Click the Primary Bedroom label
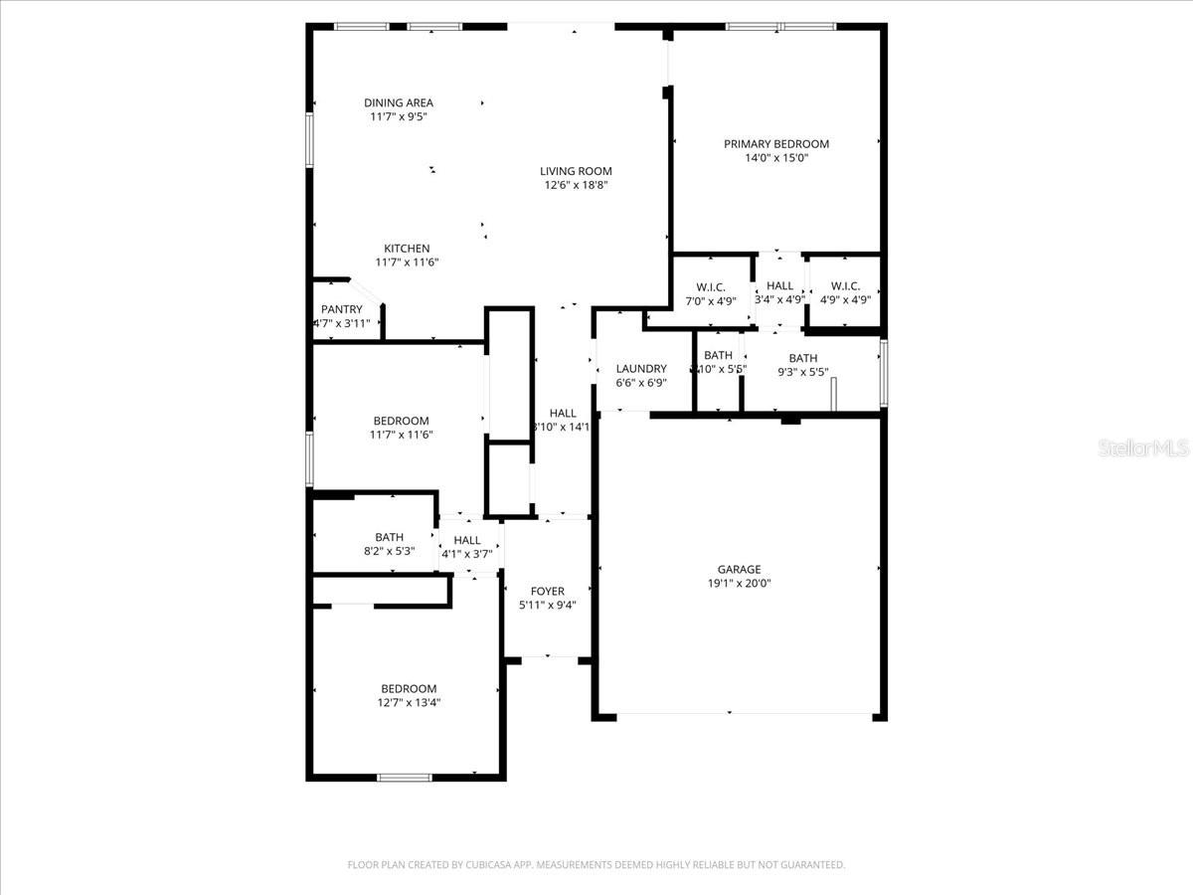click(775, 144)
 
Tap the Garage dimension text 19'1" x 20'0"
click(739, 584)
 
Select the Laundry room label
click(641, 369)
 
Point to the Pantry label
click(341, 309)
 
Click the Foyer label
click(547, 591)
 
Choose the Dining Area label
click(398, 102)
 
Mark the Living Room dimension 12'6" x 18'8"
click(576, 185)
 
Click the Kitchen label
click(407, 249)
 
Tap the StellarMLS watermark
click(1143, 449)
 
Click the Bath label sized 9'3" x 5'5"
click(803, 359)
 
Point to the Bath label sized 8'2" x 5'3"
click(389, 538)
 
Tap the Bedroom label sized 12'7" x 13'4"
click(409, 689)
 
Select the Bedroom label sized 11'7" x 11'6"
click(401, 421)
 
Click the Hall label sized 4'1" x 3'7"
click(467, 540)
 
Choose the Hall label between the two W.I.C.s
click(780, 286)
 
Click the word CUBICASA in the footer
click(493, 865)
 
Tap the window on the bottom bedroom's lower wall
click(404, 777)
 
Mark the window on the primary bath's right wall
click(882, 374)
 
